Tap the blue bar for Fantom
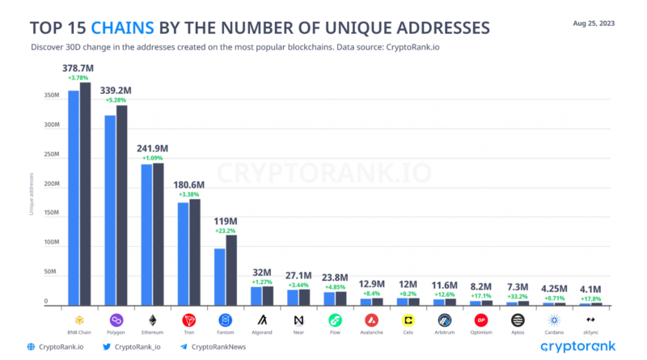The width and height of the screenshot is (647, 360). point(219,276)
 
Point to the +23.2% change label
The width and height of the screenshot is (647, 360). point(225,231)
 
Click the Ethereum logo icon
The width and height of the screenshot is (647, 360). point(152,320)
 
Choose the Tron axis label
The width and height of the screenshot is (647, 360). point(188,332)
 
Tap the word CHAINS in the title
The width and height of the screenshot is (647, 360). point(123,28)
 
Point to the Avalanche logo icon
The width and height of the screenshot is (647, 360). point(371,320)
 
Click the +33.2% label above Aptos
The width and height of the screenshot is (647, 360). point(518,296)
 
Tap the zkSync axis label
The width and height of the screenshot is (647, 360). point(590,332)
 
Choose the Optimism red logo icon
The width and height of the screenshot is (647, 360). point(481,320)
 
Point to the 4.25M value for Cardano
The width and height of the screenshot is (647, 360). point(554,287)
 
